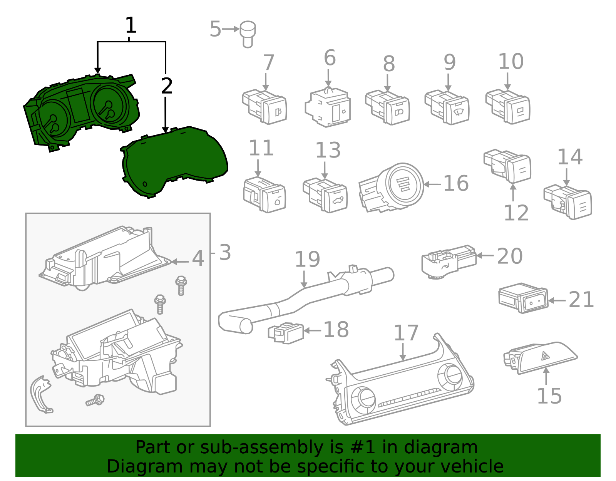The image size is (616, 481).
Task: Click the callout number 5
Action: coord(215,29)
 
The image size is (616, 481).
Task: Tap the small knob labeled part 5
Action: coord(248,34)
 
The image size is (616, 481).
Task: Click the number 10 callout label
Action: coord(511,62)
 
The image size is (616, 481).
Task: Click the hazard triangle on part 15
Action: coord(545,356)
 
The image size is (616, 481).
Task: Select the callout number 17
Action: coord(406,333)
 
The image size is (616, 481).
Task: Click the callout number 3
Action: coord(225,253)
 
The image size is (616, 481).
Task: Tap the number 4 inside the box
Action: coord(198,259)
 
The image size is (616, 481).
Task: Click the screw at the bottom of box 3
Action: coord(95,401)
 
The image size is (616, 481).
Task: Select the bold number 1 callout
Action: coord(131,25)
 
